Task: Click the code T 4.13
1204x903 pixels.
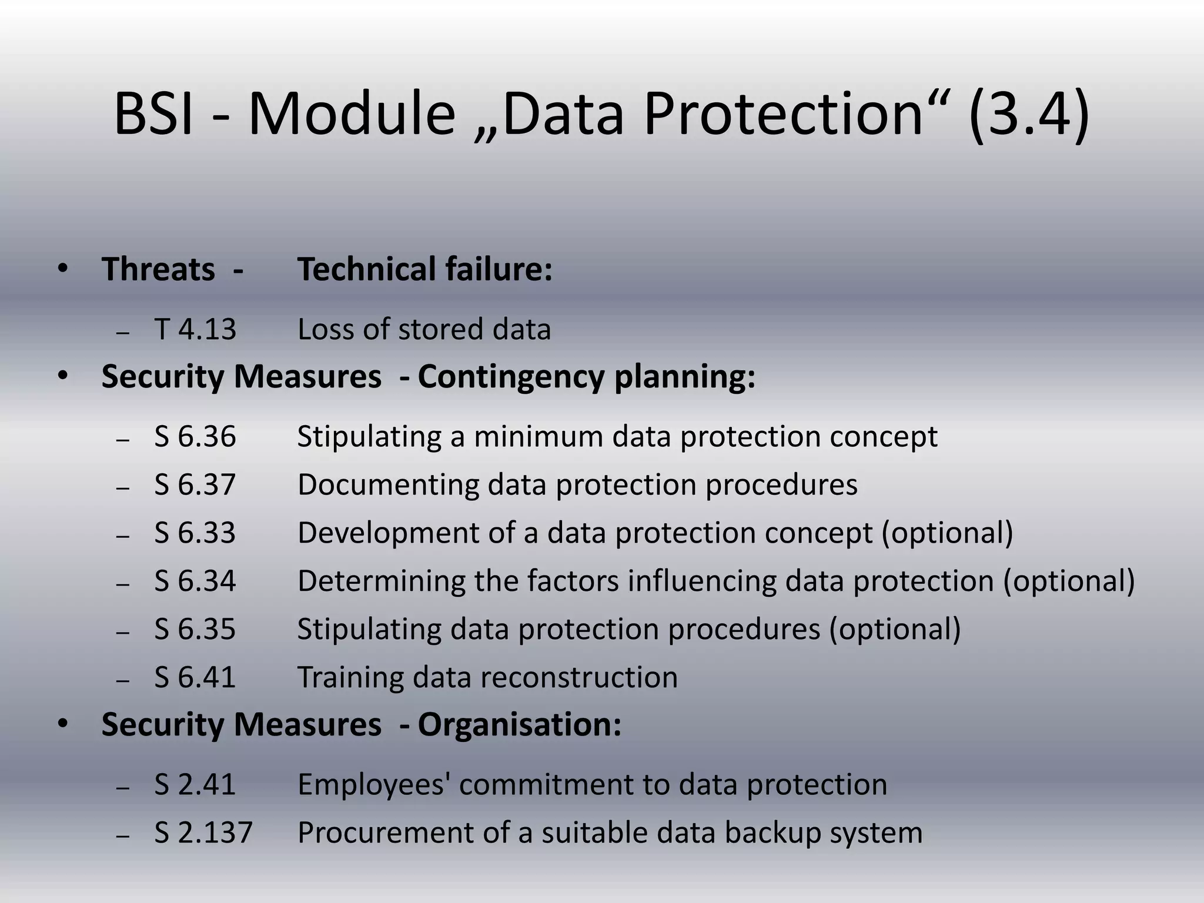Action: click(195, 329)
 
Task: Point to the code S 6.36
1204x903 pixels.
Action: click(195, 437)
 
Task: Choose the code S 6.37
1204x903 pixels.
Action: click(195, 485)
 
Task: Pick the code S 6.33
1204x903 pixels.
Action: click(195, 533)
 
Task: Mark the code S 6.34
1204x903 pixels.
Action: click(195, 581)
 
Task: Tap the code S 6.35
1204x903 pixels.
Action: click(195, 630)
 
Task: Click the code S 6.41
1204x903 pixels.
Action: click(195, 677)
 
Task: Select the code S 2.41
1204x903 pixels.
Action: click(195, 785)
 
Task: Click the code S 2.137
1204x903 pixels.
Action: click(203, 833)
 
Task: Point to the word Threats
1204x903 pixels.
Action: click(158, 269)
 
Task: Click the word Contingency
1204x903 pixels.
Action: click(511, 377)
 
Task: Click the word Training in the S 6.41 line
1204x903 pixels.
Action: click(350, 677)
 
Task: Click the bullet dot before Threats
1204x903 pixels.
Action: click(63, 269)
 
